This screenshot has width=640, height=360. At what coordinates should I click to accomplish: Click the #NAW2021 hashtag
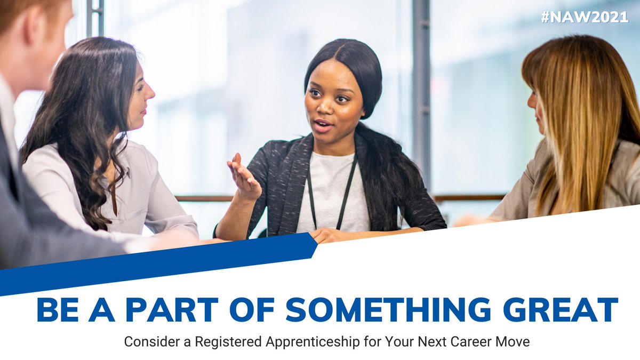click(585, 17)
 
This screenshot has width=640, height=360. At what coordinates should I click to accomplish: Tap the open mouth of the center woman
click(322, 126)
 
